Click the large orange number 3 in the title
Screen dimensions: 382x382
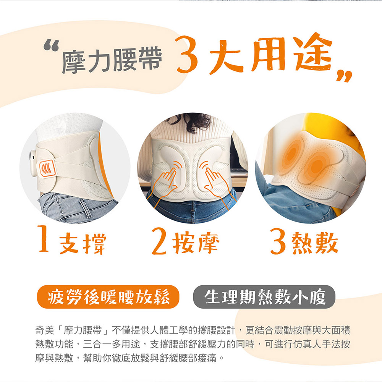tap(187, 54)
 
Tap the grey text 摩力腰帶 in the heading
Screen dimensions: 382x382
tap(112, 60)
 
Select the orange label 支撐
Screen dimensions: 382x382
tap(83, 243)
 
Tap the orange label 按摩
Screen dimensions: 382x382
tap(196, 243)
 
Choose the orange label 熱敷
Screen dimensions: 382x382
tap(315, 243)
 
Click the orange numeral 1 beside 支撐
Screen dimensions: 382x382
tap(43, 238)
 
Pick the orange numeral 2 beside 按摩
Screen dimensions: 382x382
tap(159, 241)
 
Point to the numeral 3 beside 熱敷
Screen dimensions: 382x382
tap(278, 241)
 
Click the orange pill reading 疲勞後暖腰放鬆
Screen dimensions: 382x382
tap(108, 297)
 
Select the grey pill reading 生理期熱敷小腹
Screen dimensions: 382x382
tap(264, 297)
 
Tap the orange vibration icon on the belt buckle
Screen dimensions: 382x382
tap(47, 168)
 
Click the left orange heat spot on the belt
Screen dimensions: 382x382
tap(291, 154)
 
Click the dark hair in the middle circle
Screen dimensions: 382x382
tap(193, 122)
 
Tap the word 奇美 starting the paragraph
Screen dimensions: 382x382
tap(45, 330)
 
